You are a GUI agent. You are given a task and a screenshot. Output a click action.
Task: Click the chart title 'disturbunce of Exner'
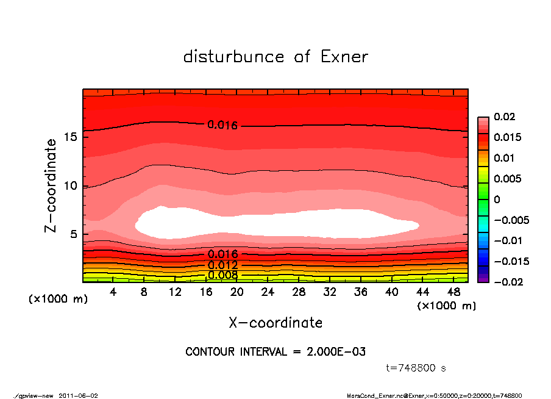point(275,57)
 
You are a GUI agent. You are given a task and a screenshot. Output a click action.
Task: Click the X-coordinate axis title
point(275,323)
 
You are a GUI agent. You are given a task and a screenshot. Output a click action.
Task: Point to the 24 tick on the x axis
point(268,292)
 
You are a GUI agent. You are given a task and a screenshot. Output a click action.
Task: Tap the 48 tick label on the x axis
point(453,292)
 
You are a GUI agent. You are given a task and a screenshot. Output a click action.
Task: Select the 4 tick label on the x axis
point(113,292)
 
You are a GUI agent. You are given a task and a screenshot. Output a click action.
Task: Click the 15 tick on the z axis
point(71,137)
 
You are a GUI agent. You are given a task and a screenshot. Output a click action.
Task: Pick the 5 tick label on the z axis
point(74,234)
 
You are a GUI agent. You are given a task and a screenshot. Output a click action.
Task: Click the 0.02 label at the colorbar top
point(504,117)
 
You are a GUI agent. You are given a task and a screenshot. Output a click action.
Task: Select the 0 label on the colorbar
point(497,199)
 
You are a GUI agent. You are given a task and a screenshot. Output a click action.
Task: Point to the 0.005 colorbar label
point(507,179)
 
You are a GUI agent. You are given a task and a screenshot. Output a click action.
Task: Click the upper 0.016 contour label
point(222,125)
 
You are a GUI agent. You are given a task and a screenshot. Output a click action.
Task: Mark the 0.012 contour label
point(222,265)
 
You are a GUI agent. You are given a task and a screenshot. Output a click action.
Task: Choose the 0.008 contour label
point(222,275)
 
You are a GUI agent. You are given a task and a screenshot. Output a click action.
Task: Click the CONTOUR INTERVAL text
point(275,352)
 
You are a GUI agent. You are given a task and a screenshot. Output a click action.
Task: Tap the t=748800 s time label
point(416,368)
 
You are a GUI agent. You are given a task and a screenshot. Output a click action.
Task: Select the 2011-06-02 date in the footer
point(78,395)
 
